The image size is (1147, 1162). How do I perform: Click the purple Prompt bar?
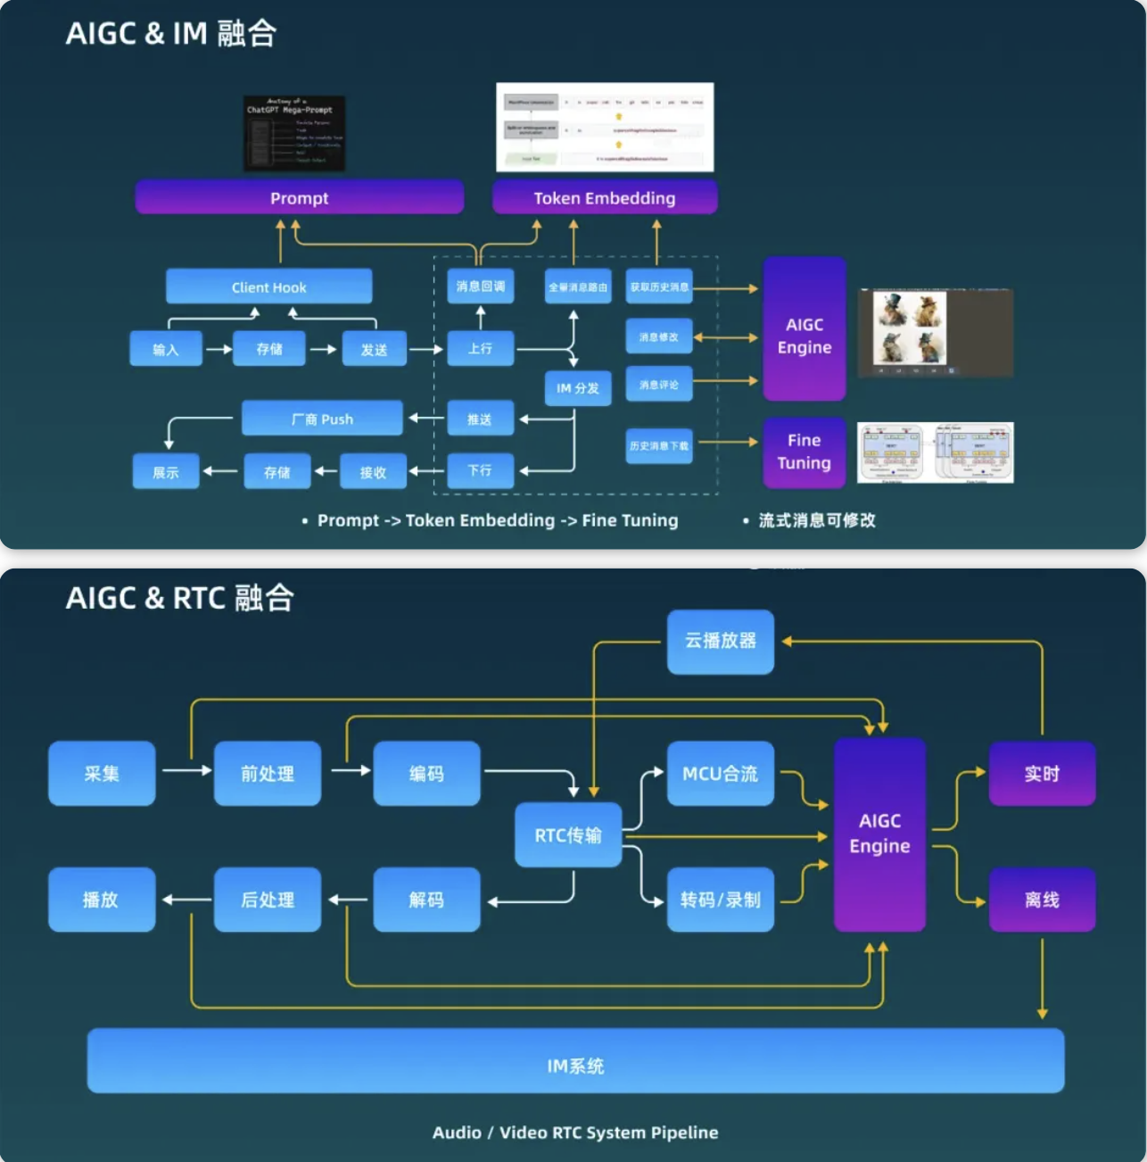tap(299, 197)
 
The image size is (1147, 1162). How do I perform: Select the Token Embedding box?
tap(604, 197)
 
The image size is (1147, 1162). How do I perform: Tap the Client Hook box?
tap(268, 286)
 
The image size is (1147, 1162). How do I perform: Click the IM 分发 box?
tap(577, 388)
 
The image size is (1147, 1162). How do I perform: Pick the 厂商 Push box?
tap(321, 419)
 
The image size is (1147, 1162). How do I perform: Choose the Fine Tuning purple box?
tap(804, 452)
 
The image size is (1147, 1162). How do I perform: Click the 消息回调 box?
tap(480, 286)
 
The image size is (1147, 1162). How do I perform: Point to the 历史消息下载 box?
tap(658, 445)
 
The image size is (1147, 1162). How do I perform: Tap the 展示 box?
tap(165, 472)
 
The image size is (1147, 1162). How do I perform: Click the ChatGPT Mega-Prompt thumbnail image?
tap(293, 133)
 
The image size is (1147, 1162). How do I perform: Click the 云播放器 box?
tap(720, 641)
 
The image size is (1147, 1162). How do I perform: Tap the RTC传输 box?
tap(567, 835)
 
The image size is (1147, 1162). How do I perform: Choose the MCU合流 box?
tap(720, 774)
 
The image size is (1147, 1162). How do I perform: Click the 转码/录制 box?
tap(720, 900)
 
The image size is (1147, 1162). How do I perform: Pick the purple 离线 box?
tap(1041, 900)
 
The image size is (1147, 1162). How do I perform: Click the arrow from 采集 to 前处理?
tap(186, 770)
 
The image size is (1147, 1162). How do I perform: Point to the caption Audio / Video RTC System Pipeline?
tap(575, 1133)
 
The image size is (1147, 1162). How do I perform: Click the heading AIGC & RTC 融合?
tap(179, 598)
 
